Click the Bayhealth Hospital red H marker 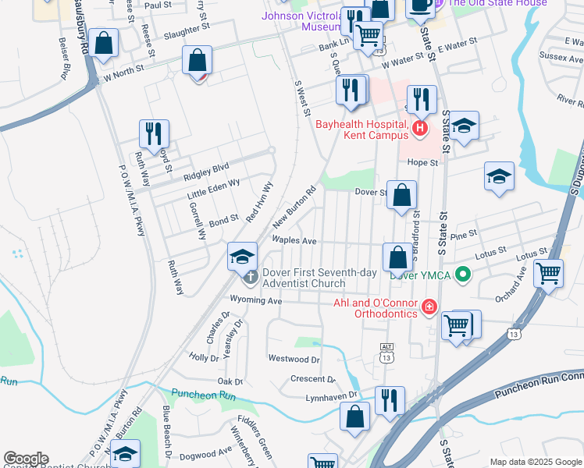420,128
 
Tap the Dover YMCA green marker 463,274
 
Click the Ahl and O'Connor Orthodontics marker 428,309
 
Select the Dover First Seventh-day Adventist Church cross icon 250,276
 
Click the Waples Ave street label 294,241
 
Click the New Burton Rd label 294,207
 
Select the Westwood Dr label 294,360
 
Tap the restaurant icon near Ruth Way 154,134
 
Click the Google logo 26,459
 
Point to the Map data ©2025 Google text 535,462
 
